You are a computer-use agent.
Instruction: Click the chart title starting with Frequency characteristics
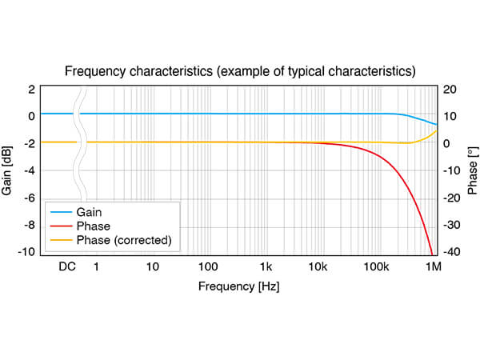240,71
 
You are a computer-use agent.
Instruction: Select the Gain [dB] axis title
6,171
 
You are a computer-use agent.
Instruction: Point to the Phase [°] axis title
473,171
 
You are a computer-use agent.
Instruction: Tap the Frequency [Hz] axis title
238,286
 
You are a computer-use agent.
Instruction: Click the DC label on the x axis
67,266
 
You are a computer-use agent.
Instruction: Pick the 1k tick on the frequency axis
266,266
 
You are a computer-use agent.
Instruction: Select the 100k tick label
376,266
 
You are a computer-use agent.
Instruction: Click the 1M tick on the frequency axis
434,266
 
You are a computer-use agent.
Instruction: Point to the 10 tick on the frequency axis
153,266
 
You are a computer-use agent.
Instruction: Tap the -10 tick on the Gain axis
26,252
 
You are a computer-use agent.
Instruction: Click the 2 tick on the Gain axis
31,90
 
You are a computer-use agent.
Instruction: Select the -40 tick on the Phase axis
451,252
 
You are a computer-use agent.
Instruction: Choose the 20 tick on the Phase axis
450,90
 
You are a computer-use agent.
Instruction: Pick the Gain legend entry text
89,212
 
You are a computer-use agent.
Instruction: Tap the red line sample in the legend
62,226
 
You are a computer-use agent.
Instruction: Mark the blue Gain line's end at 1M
437,124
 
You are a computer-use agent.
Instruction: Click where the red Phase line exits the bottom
432,254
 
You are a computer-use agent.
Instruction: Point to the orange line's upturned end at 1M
437,130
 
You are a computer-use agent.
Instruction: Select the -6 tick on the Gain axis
30,198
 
